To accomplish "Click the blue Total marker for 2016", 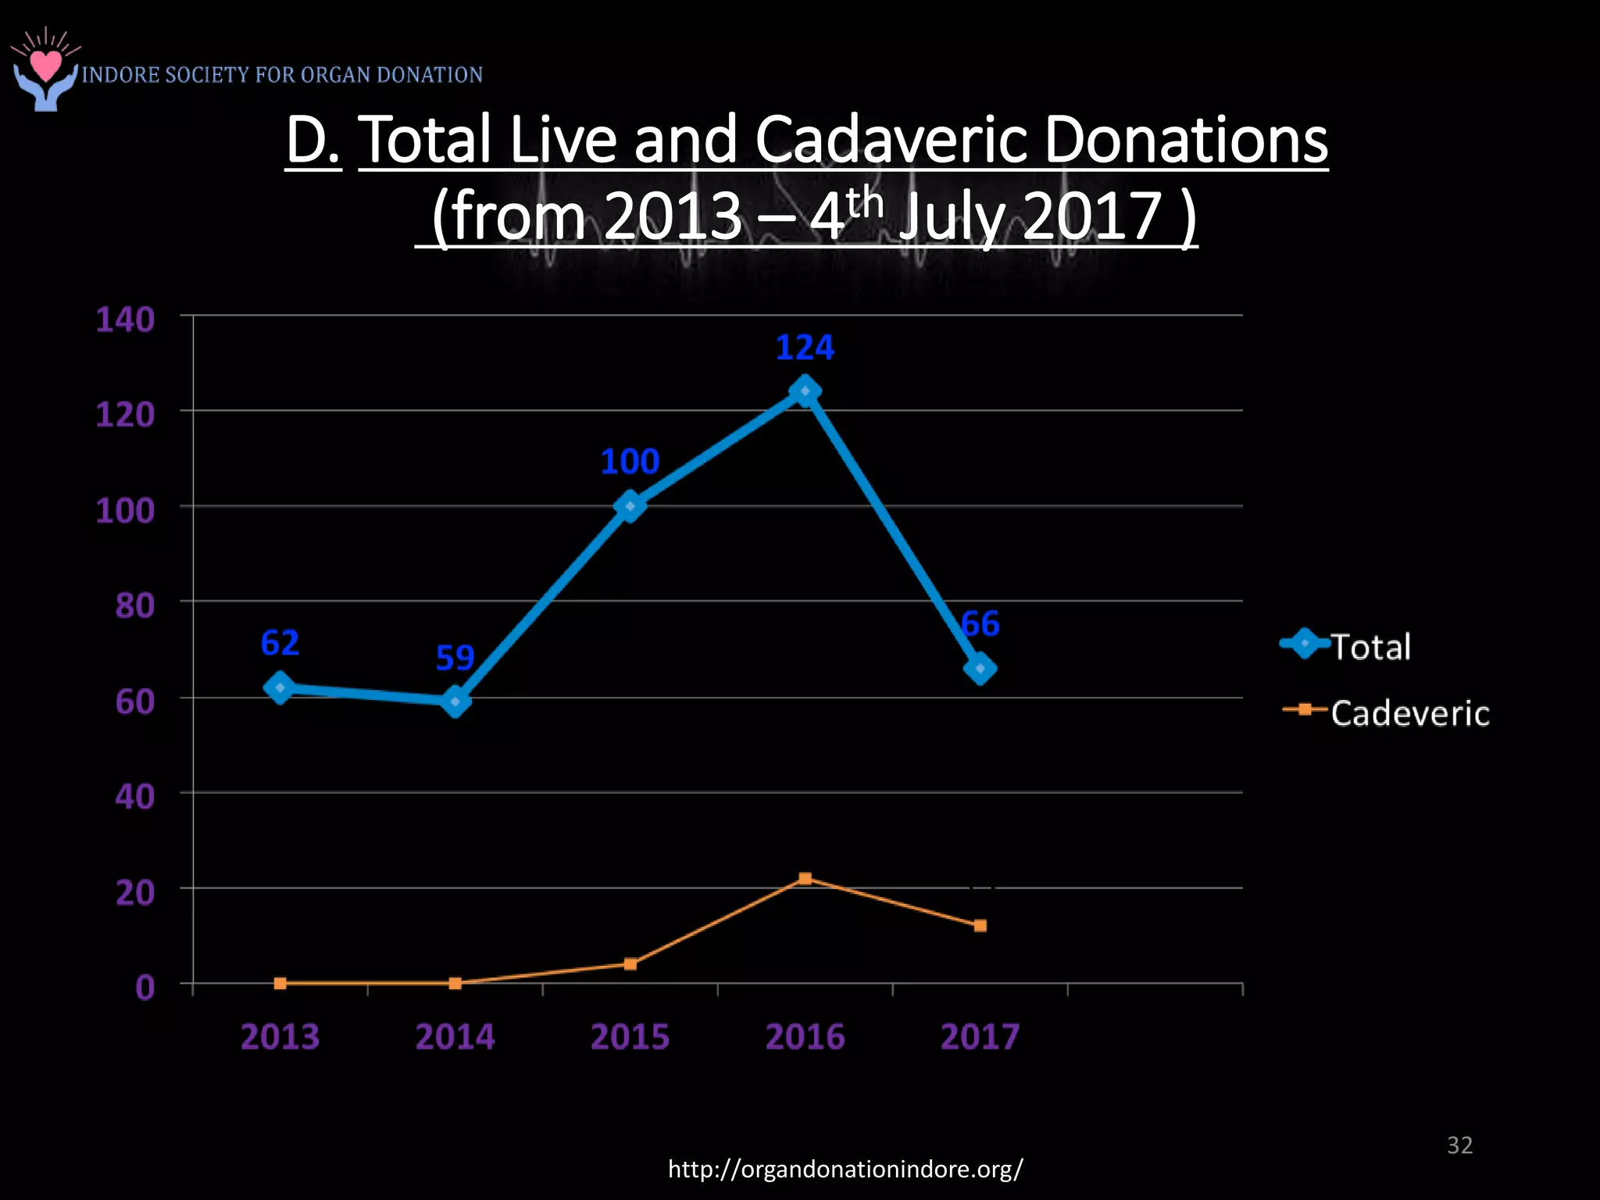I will click(x=805, y=391).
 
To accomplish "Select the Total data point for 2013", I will click(x=280, y=687).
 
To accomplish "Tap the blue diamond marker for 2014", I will click(x=455, y=701).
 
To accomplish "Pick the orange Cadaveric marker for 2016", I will click(x=805, y=878).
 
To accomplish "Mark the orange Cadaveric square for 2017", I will click(x=980, y=926).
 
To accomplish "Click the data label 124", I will click(x=805, y=348).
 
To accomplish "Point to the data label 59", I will click(x=455, y=658).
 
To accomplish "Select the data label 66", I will click(x=980, y=624).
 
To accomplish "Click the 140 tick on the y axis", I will click(x=125, y=320).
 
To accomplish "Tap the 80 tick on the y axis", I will click(x=135, y=605).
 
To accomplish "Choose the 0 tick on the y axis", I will click(x=145, y=987).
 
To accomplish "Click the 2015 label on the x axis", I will click(x=630, y=1037).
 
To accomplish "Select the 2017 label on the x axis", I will click(x=980, y=1037).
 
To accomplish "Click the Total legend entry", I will click(x=1370, y=647).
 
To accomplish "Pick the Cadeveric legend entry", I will click(x=1409, y=713).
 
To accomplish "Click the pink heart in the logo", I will click(x=46, y=65).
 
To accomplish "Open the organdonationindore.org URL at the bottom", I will click(x=845, y=1170).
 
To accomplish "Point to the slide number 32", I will click(x=1459, y=1145).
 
